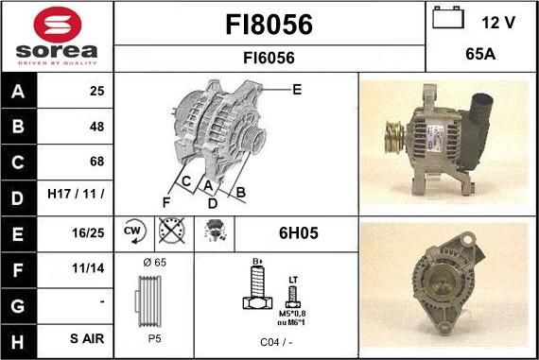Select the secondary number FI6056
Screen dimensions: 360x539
click(x=270, y=58)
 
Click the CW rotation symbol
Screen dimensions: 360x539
click(x=133, y=231)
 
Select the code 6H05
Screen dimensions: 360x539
click(x=298, y=231)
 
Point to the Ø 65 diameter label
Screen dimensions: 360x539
click(x=153, y=262)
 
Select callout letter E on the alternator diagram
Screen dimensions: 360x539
click(x=296, y=90)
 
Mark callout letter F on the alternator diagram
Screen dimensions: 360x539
click(x=166, y=201)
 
